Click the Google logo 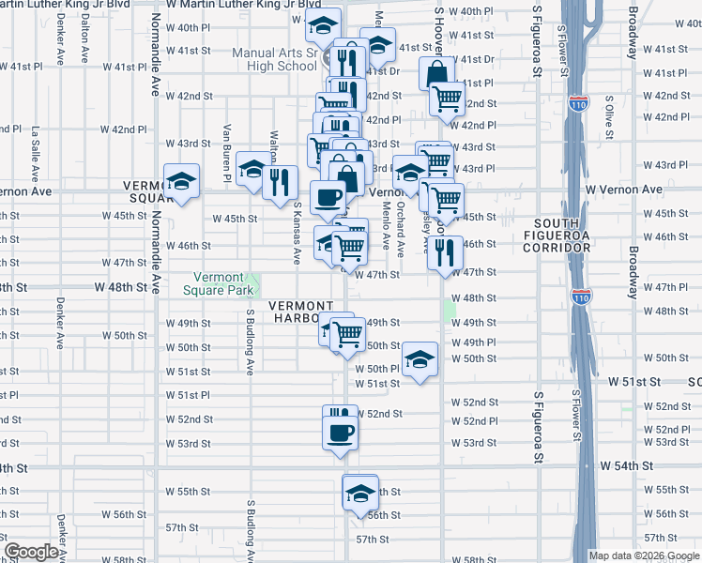(x=31, y=552)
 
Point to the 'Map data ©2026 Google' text (x=645, y=555)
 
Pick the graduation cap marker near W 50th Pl (x=420, y=359)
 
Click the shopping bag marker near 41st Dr (x=437, y=71)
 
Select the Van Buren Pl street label (x=227, y=142)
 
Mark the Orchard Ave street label (x=400, y=230)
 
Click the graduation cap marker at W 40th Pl (x=323, y=26)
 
